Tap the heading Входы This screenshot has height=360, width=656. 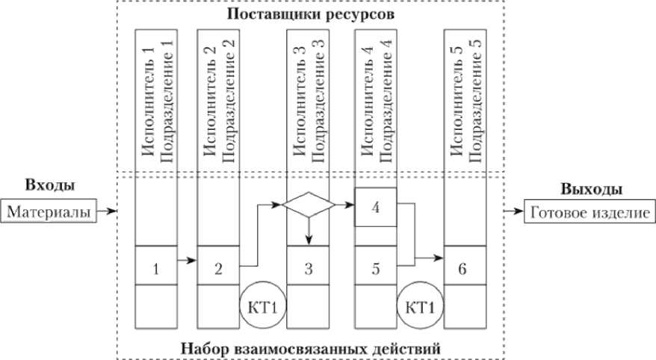pyautogui.click(x=51, y=186)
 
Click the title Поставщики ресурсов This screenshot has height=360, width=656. pyautogui.click(x=312, y=15)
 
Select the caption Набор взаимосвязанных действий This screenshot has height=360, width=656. pyautogui.click(x=311, y=348)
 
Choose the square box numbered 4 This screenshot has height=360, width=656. pyautogui.click(x=376, y=208)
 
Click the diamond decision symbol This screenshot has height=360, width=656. pyautogui.click(x=309, y=205)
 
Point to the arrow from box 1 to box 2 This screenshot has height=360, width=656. pyautogui.click(x=188, y=261)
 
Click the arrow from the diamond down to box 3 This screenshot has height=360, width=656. pyautogui.click(x=309, y=231)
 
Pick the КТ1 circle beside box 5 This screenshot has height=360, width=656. pyautogui.click(x=419, y=307)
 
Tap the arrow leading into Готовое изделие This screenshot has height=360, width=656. pyautogui.click(x=514, y=212)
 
